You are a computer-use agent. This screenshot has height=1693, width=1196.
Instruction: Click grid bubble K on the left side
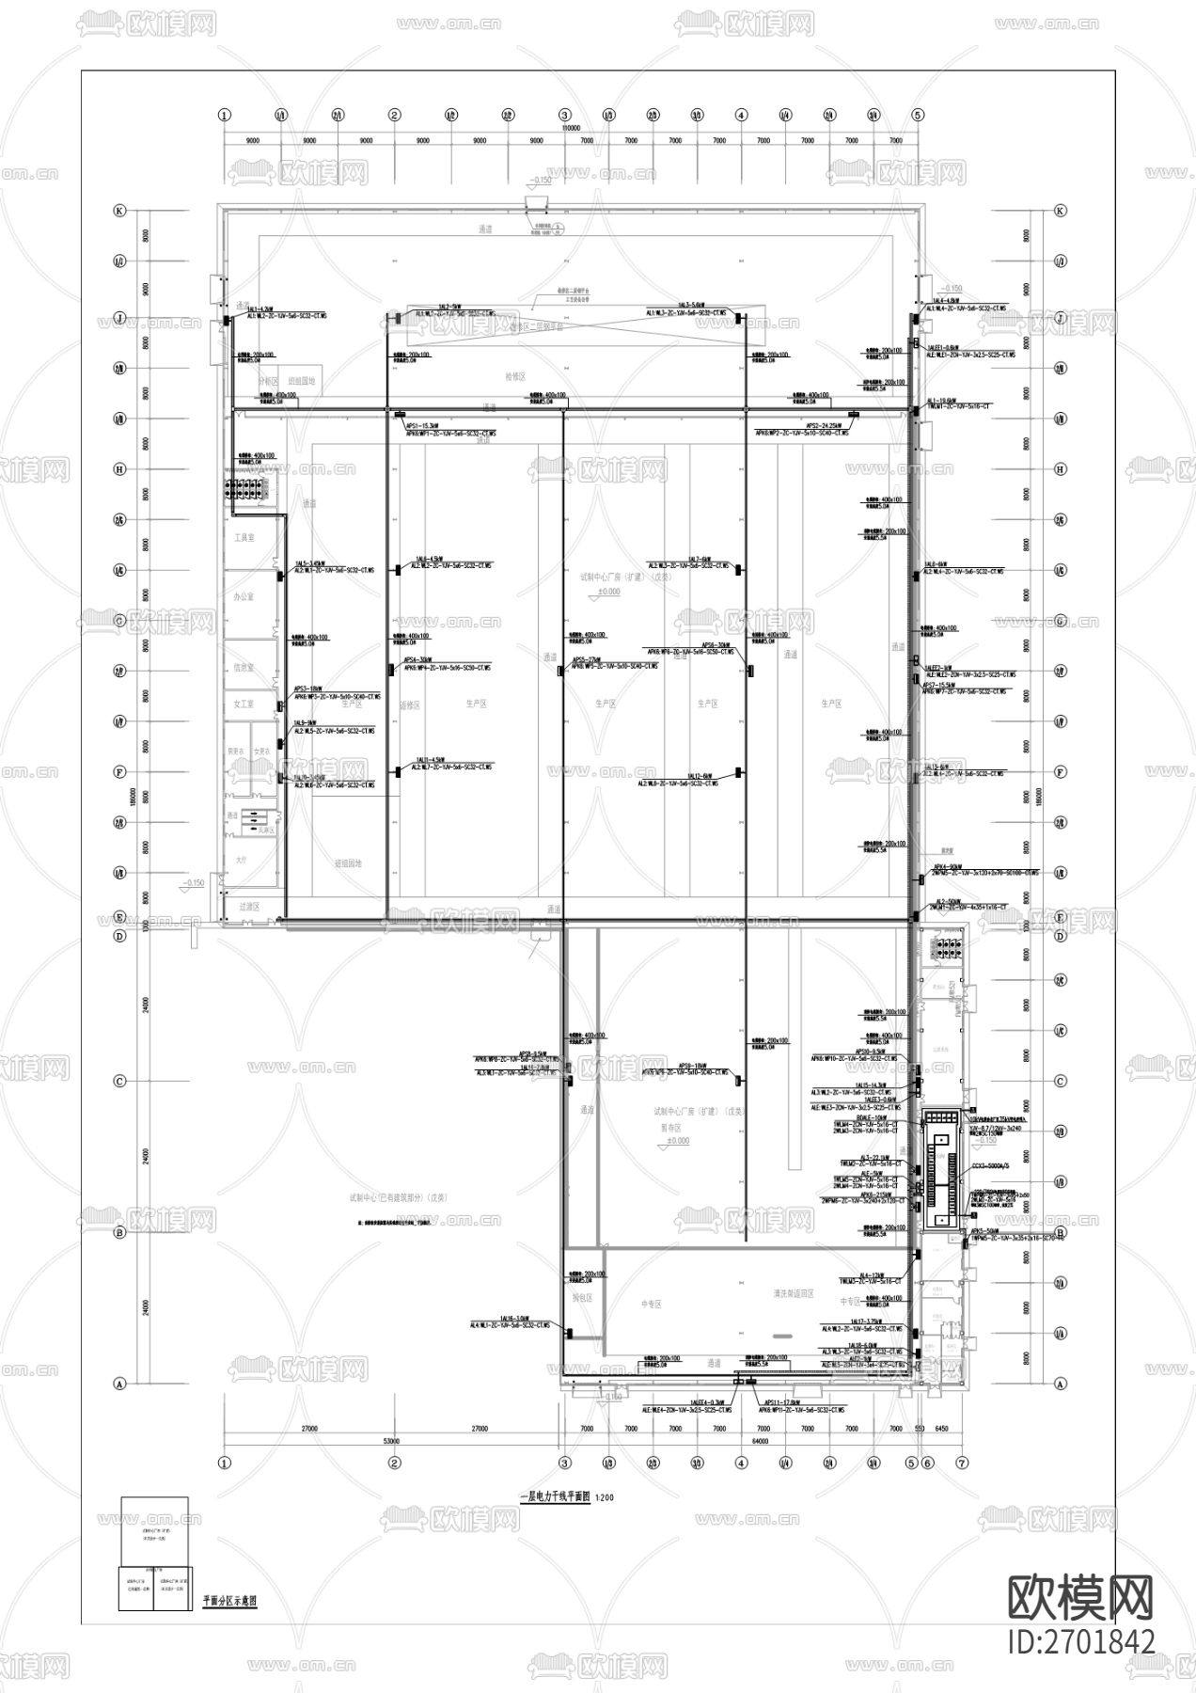119,211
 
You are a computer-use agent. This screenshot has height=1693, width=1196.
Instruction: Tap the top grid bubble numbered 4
742,115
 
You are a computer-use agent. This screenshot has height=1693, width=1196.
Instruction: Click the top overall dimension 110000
570,127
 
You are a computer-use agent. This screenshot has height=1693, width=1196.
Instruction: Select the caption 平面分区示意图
229,1600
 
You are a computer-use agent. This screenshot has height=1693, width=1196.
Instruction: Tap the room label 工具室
244,538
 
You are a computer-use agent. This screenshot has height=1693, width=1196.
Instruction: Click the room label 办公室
244,596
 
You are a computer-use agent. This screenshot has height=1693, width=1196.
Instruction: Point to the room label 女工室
244,704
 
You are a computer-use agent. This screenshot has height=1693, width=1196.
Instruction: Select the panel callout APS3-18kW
307,688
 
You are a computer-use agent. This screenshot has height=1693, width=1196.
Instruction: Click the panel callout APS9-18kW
692,1066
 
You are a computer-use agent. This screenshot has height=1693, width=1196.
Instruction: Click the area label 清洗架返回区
793,1294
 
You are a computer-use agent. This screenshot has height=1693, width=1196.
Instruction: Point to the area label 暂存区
670,1127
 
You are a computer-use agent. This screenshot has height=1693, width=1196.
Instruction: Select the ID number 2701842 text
1080,1641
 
